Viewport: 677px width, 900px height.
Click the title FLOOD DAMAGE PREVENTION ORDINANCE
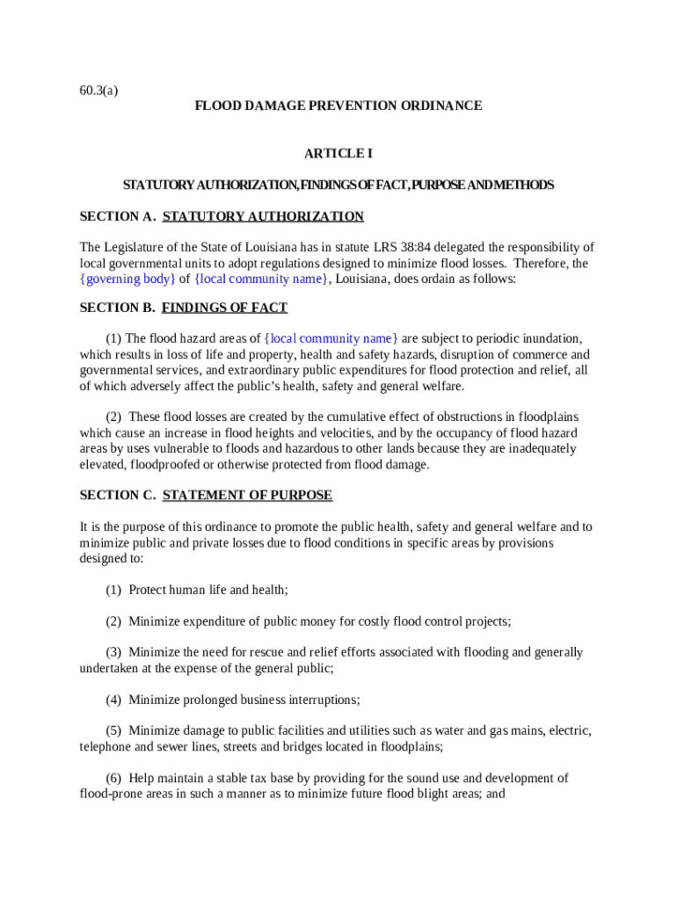(338, 105)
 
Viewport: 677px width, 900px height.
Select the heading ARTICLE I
(338, 154)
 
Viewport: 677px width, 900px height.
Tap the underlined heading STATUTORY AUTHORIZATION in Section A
(263, 216)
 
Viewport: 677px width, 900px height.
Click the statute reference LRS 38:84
(402, 247)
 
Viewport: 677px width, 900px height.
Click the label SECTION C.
(117, 495)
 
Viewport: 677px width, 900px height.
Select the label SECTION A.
(117, 216)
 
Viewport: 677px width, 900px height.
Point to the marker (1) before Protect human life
(113, 590)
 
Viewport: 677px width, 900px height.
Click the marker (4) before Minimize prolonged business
(113, 700)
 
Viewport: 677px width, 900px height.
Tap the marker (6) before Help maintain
(113, 778)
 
